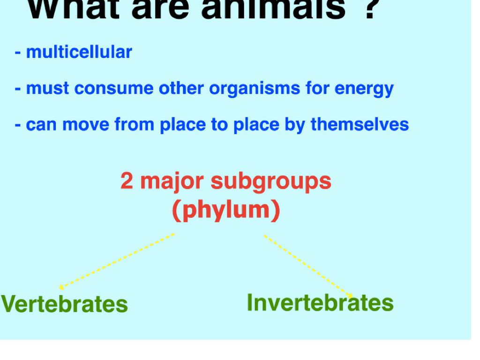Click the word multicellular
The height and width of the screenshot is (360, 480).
(x=79, y=52)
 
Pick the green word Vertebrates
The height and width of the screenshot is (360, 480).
(x=65, y=304)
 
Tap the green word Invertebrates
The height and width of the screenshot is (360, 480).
(x=320, y=303)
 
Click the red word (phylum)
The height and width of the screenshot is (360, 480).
(x=226, y=210)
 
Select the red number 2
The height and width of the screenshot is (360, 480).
(x=127, y=181)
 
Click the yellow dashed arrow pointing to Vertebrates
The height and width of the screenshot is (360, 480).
(x=117, y=261)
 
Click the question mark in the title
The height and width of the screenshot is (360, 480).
(x=370, y=9)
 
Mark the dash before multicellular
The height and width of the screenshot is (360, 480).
(x=18, y=52)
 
